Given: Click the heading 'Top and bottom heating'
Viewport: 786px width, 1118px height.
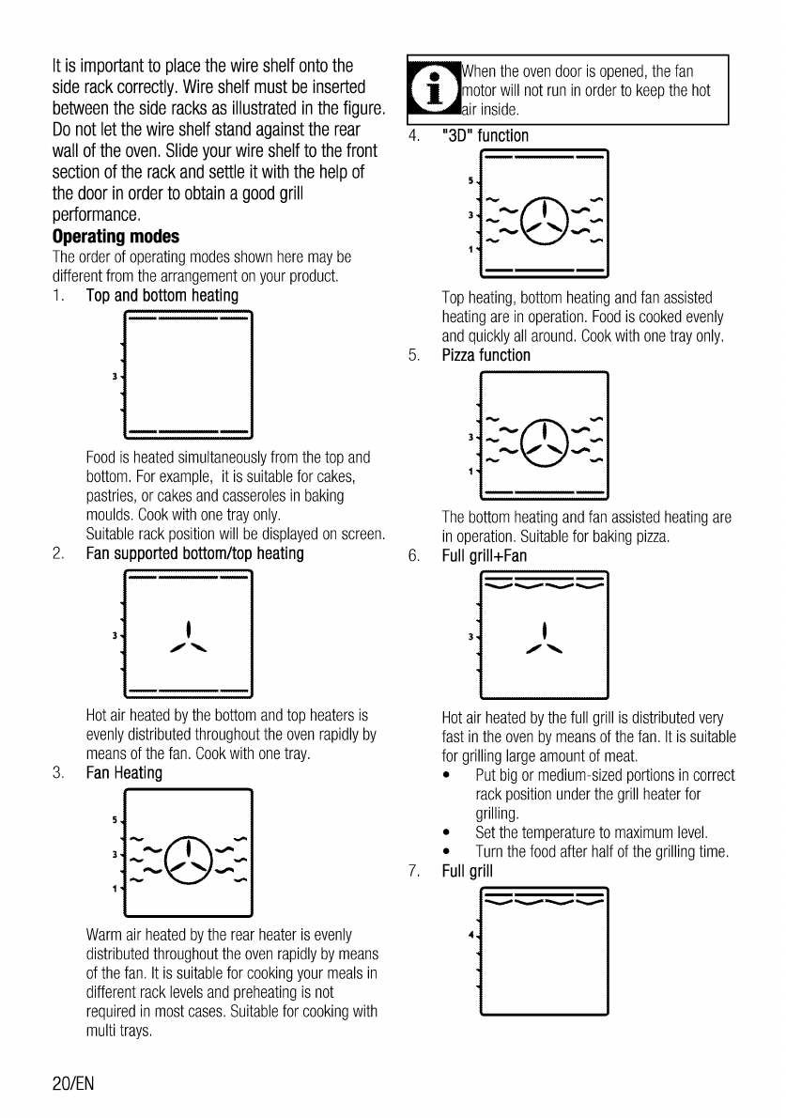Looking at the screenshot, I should pos(162,295).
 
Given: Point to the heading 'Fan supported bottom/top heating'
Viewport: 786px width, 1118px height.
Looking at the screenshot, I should pos(194,553).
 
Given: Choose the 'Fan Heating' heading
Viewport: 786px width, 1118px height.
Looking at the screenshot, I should pos(124,773).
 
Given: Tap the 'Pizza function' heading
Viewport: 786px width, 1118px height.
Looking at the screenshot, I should pos(485,355).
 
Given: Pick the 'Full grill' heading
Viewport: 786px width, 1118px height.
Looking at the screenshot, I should pos(468,869).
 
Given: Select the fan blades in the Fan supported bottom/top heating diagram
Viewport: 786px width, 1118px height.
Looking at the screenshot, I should pos(189,639).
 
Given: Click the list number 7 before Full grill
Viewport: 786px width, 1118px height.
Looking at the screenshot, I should pos(413,869).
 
